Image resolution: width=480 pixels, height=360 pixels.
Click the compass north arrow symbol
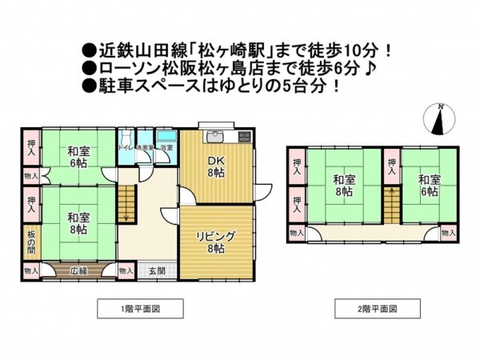[440, 120]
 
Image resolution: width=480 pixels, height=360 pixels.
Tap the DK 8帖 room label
[217, 166]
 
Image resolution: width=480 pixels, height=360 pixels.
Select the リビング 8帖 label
[216, 242]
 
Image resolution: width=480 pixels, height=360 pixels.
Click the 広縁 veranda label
[78, 271]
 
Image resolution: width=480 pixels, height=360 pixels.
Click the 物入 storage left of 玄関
[126, 271]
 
